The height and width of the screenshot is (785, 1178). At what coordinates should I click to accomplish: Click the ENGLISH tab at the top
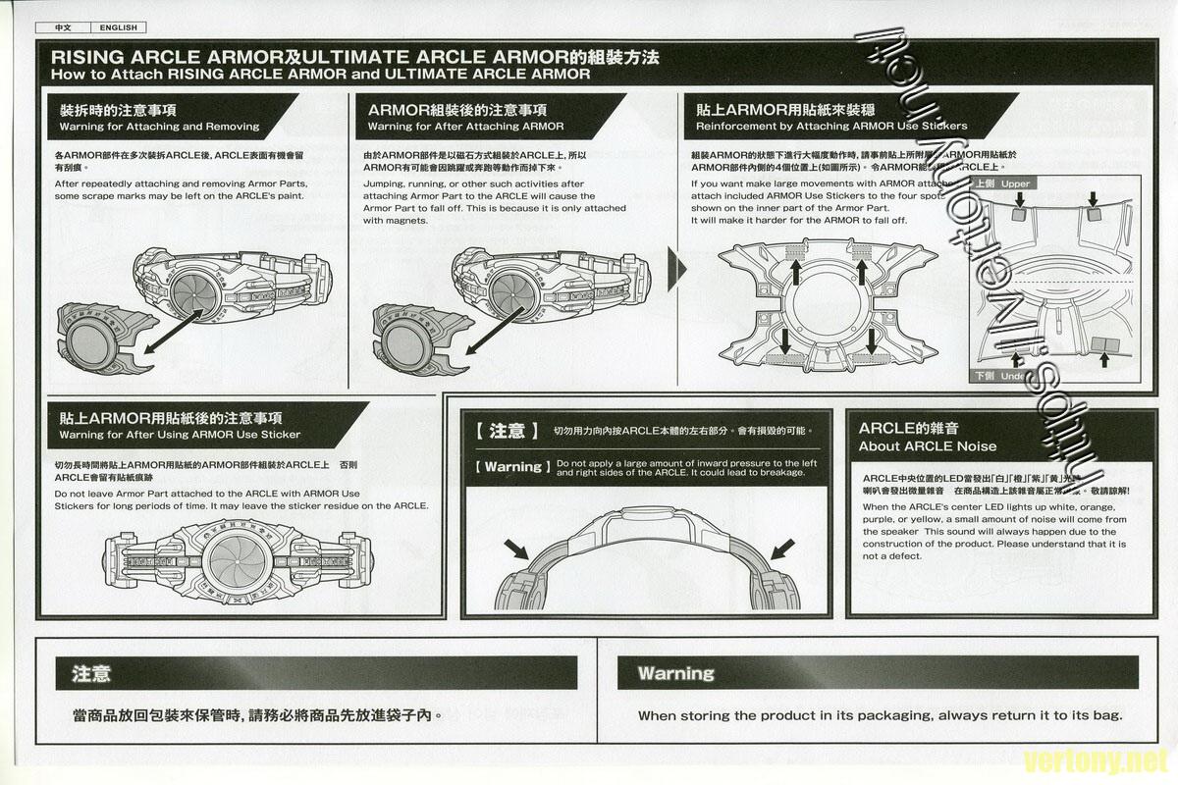[118, 27]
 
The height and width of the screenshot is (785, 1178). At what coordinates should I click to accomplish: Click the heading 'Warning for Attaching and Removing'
[159, 127]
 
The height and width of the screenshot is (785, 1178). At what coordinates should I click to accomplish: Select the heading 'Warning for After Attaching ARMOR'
[465, 127]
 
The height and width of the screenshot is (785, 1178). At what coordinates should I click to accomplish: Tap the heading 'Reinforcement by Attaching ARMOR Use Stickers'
[830, 127]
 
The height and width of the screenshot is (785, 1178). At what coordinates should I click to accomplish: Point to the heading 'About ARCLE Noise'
[927, 446]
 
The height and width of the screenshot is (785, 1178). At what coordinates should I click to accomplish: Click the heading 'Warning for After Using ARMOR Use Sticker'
[180, 435]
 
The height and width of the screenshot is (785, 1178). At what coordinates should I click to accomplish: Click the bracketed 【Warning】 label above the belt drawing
[512, 467]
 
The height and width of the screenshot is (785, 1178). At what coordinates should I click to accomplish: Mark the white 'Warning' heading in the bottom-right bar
[675, 673]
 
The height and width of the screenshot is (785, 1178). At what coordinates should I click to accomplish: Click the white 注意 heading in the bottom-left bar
[90, 673]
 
